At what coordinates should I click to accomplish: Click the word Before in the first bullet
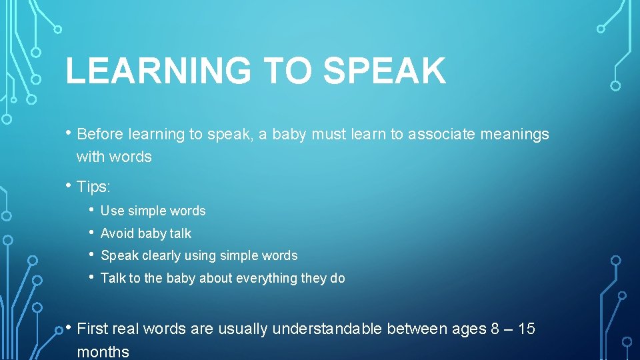click(101, 134)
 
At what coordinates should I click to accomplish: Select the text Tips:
click(94, 187)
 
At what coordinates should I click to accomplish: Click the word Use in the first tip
click(112, 211)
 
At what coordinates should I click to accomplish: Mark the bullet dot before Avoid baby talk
click(91, 233)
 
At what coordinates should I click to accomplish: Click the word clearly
click(161, 255)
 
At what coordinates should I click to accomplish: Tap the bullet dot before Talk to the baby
click(91, 277)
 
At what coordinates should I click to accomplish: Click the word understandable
click(327, 329)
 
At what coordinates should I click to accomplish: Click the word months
click(103, 351)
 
